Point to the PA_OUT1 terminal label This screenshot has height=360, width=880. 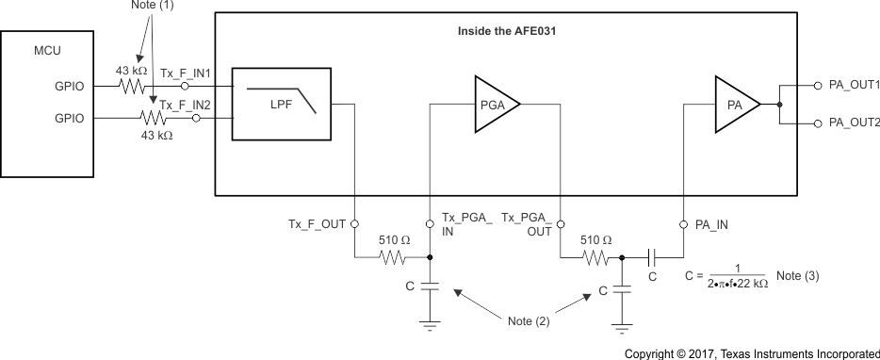(x=853, y=86)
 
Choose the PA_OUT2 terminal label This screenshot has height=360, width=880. (x=853, y=123)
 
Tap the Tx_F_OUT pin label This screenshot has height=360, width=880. (x=318, y=224)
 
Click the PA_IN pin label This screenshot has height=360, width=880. (x=711, y=224)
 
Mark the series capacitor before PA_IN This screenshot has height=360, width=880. (x=652, y=255)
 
